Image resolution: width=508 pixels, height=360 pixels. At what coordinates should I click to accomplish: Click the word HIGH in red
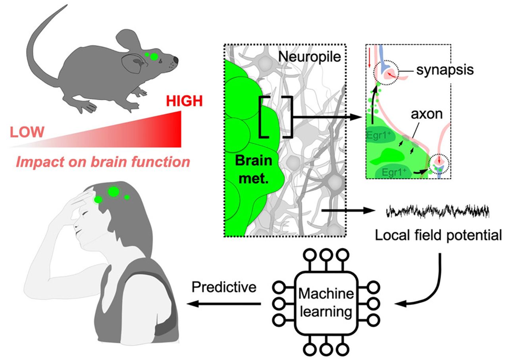tap(184, 102)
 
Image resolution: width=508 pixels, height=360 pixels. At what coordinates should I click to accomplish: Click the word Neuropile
tap(310, 57)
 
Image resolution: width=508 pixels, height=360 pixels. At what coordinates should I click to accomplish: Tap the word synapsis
tap(445, 70)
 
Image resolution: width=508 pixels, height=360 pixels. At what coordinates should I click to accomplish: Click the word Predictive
tap(223, 287)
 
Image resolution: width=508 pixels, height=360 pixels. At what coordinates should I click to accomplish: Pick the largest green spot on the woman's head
tap(114, 192)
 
